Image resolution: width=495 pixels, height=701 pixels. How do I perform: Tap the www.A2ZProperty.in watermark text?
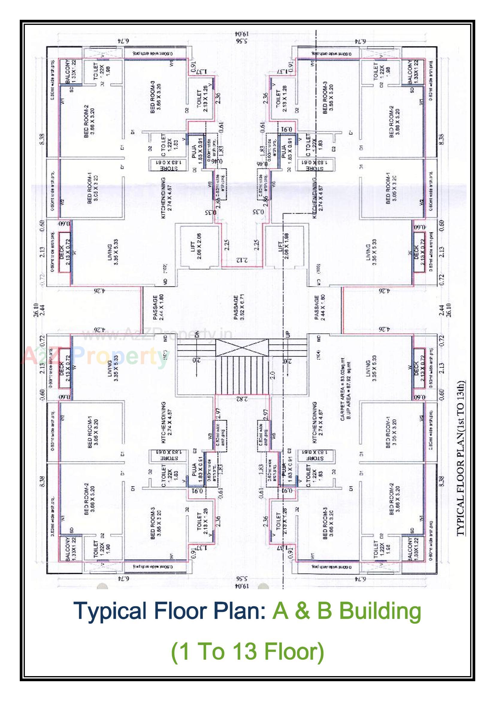[x=157, y=336]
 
